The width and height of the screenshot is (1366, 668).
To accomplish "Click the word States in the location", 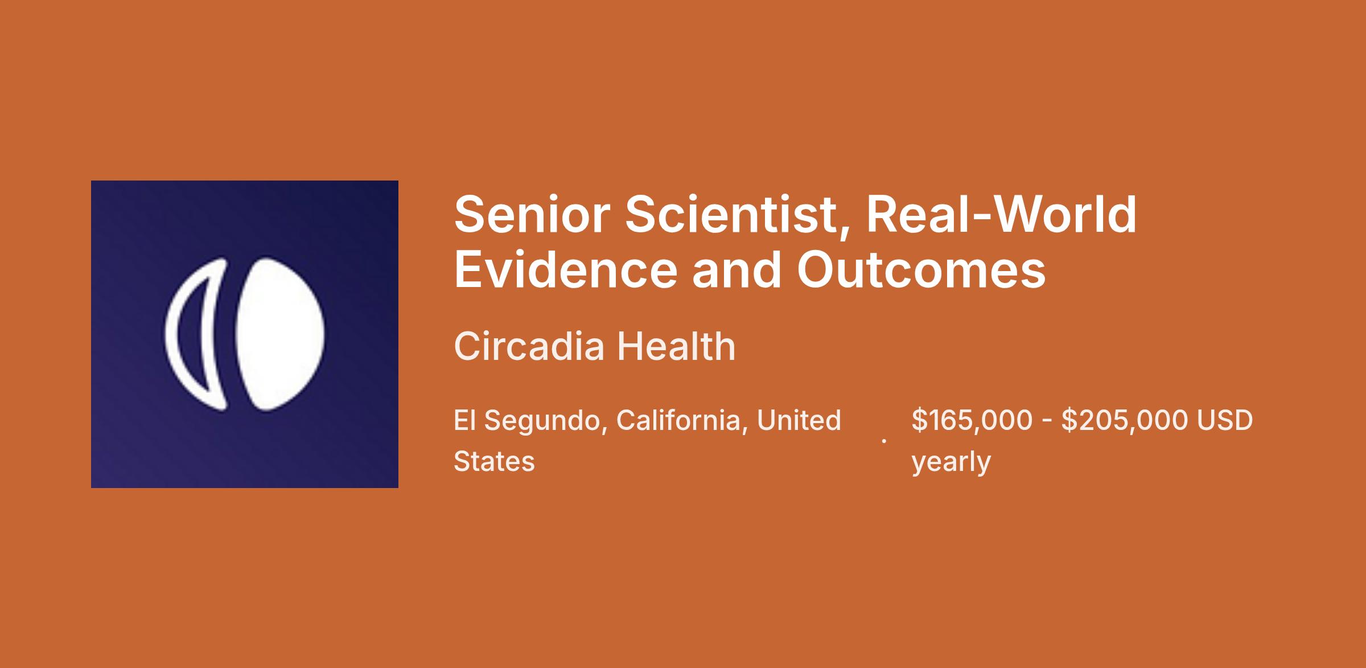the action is pos(494,461).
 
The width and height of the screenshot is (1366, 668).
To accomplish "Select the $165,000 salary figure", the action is pos(972,421).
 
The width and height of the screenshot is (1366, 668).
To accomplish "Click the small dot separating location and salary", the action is pos(884,441).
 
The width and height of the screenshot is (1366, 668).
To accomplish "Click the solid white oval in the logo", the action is pos(280,334).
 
